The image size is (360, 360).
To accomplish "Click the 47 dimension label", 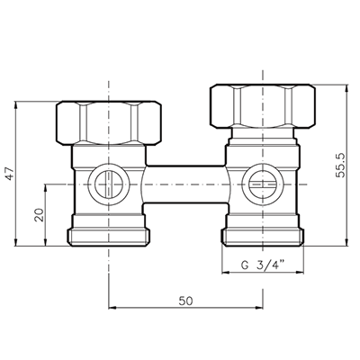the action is pyautogui.click(x=11, y=174).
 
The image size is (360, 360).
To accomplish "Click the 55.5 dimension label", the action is pyautogui.click(x=340, y=166).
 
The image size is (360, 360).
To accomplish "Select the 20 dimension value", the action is pyautogui.click(x=40, y=215).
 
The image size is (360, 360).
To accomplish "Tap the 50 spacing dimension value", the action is pyautogui.click(x=185, y=301).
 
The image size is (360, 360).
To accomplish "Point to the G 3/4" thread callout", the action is pyautogui.click(x=263, y=265).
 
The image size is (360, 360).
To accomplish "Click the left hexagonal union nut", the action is pyautogui.click(x=109, y=123).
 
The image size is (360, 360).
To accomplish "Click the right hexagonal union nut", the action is pyautogui.click(x=263, y=106).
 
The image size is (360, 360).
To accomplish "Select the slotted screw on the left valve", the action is pyautogui.click(x=108, y=184).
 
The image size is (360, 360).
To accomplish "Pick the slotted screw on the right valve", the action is pyautogui.click(x=263, y=184).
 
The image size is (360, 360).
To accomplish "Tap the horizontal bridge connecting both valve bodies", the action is pyautogui.click(x=186, y=184).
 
